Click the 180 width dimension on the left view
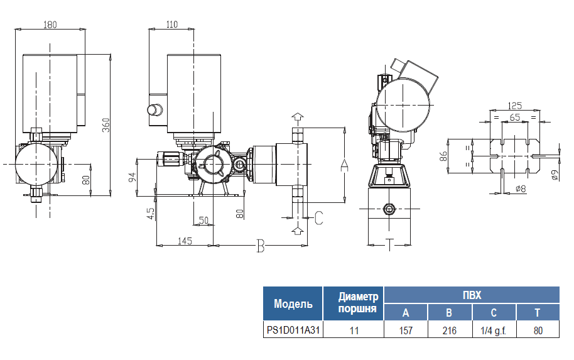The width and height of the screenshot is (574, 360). [x=50, y=25]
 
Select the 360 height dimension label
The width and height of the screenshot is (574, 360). [x=106, y=125]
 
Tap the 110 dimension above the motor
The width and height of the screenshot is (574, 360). [x=172, y=25]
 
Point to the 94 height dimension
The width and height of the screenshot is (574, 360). [x=133, y=176]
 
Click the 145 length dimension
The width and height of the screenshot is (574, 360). [x=185, y=241]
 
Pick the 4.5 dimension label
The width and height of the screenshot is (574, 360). [x=150, y=214]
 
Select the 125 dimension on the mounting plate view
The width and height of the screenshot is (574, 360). [x=515, y=106]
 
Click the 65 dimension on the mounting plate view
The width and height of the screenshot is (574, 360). [x=514, y=117]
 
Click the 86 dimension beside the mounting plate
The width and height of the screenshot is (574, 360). [x=443, y=156]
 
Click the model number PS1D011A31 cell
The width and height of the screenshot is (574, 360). [x=293, y=329]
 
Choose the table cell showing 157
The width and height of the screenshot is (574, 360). [x=405, y=329]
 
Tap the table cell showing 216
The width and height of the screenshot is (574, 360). [x=449, y=329]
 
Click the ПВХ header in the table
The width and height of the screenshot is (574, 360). [x=471, y=295]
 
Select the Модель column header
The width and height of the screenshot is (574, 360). [x=293, y=304]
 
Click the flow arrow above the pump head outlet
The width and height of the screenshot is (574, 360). [x=298, y=117]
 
